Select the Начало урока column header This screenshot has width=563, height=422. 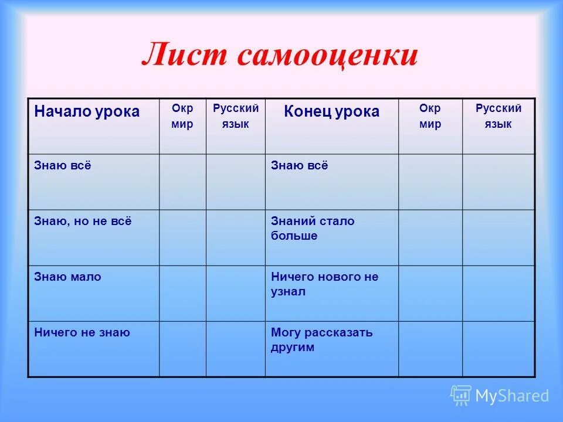87,111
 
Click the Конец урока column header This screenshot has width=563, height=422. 331,111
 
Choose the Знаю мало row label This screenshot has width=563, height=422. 67,277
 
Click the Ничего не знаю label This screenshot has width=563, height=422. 82,333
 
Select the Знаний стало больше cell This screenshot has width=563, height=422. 313,229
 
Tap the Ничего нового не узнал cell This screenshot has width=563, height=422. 324,284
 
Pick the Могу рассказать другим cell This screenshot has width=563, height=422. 321,340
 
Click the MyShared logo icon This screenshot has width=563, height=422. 461,396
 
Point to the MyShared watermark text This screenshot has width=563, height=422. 511,396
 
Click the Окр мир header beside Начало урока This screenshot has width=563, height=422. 182,116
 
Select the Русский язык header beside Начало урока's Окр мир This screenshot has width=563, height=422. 235,116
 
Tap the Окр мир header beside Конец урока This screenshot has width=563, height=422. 430,116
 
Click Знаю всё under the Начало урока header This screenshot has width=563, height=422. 63,166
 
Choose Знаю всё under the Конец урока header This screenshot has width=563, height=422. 299,166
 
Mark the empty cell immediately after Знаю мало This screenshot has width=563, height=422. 182,293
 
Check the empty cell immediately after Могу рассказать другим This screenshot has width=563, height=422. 430,349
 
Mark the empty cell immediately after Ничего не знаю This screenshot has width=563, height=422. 182,349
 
